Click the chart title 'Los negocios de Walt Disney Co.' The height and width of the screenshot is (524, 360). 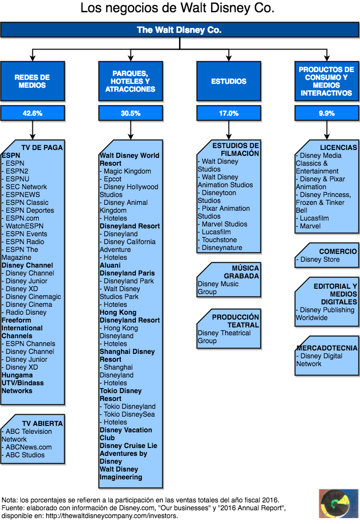177,8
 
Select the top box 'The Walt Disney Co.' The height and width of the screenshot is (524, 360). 180,30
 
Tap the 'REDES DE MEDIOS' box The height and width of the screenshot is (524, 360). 32,81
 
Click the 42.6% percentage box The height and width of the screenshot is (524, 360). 32,113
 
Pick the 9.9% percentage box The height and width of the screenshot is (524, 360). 327,113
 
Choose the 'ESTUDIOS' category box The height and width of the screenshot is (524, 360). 229,81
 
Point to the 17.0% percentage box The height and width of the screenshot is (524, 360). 229,113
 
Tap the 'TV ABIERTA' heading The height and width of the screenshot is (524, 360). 42,424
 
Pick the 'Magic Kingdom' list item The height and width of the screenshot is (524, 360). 127,171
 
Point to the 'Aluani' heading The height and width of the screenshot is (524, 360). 110,265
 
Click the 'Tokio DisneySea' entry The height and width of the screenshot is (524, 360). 129,414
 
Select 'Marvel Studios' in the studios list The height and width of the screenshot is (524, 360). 225,224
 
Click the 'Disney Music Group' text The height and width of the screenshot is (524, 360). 218,288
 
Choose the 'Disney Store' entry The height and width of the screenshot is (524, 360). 320,259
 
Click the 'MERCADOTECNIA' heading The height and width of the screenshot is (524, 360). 327,348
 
